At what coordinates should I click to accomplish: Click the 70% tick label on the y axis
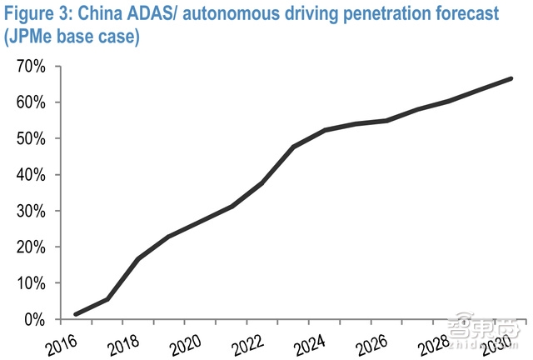[30, 67]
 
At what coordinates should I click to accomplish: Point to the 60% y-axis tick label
[30, 102]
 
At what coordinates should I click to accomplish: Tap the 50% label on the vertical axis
[30, 138]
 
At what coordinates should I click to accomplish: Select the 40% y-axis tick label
[30, 175]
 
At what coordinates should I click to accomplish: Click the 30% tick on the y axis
[30, 211]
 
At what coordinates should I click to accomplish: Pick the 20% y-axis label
[30, 247]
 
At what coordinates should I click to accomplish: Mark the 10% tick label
[30, 283]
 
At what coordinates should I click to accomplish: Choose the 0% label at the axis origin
[34, 319]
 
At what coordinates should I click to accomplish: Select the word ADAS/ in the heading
[167, 14]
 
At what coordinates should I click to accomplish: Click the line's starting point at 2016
[77, 314]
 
